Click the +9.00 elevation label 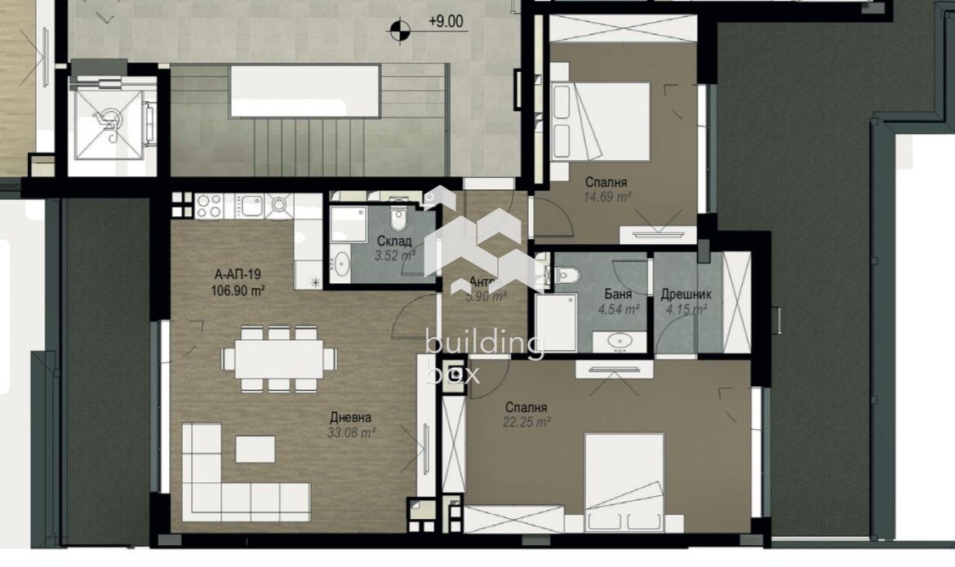(446, 22)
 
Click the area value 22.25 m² (527, 421)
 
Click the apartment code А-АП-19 (237, 274)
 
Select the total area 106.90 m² (238, 290)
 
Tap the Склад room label (394, 241)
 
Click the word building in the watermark (485, 346)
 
